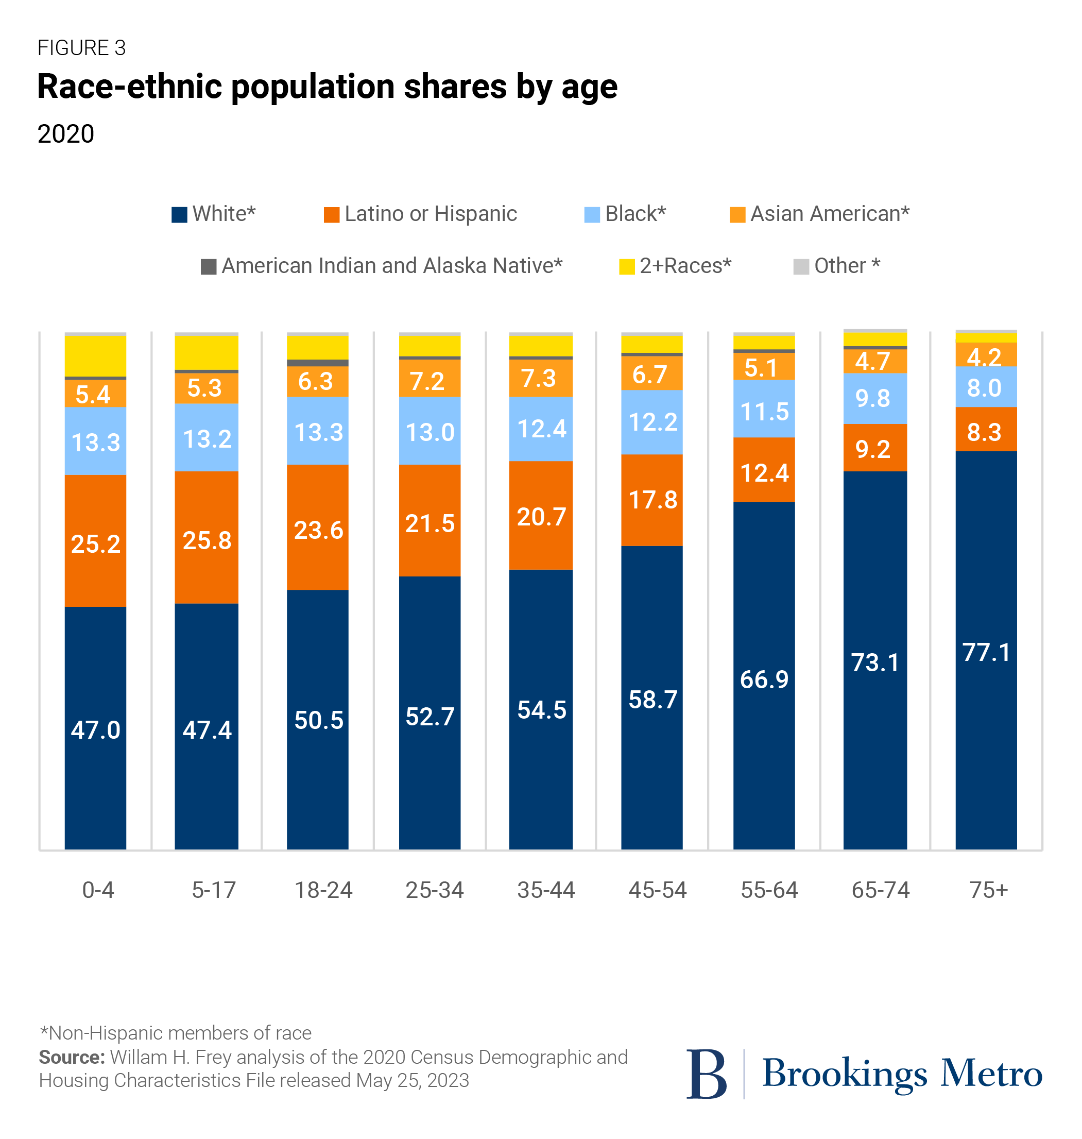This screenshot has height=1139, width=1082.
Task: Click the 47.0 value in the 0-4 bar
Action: [96, 730]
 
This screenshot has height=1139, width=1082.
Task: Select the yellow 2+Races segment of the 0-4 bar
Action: [96, 355]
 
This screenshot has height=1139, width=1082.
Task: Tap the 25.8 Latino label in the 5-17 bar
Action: [207, 540]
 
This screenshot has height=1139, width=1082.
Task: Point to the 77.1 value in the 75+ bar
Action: [986, 653]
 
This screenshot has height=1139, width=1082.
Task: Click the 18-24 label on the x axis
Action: [323, 890]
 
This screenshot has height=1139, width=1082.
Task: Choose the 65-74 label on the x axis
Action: [881, 890]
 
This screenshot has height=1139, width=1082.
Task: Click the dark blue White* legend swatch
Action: [179, 215]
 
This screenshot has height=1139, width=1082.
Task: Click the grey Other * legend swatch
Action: [801, 266]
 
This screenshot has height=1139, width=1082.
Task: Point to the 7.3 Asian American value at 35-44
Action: [539, 379]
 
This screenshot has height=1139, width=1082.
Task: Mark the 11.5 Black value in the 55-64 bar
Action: [764, 412]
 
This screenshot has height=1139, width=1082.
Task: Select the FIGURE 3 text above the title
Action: [81, 48]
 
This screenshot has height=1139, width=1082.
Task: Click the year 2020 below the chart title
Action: [66, 134]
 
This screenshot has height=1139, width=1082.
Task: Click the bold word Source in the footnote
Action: [72, 1057]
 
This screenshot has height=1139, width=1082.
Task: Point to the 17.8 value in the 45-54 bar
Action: [653, 500]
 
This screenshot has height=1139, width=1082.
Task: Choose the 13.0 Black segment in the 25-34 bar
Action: [430, 432]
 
